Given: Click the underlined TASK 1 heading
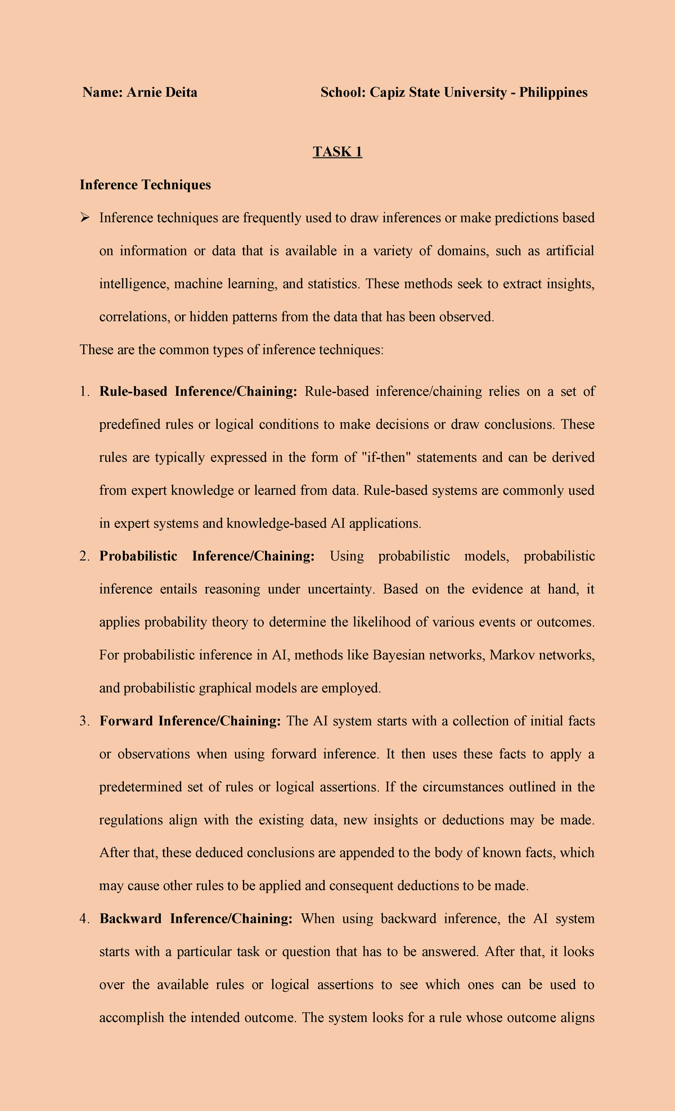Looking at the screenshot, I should click(x=337, y=152).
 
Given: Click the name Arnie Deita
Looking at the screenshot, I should click(x=161, y=92).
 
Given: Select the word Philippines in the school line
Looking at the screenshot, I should click(x=553, y=92).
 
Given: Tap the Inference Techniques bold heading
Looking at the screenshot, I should click(x=145, y=184).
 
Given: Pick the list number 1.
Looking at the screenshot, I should click(x=84, y=391).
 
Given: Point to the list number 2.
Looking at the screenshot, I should click(x=84, y=556).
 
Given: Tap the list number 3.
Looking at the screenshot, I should click(x=84, y=721).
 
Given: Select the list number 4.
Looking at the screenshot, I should click(x=84, y=919).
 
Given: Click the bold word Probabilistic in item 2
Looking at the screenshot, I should click(x=138, y=556).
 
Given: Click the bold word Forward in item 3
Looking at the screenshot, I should click(x=127, y=721).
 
